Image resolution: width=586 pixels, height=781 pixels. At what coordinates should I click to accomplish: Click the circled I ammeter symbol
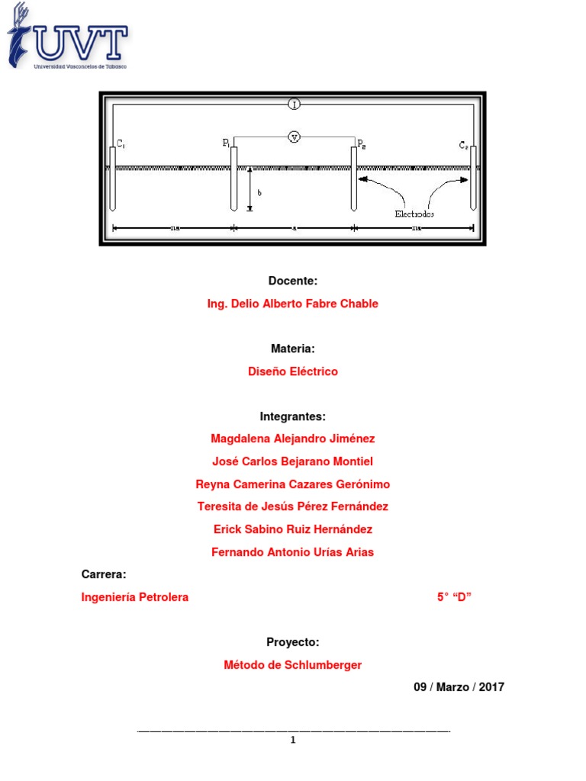tap(294, 104)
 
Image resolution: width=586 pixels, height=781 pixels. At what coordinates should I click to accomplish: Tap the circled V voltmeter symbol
tap(294, 137)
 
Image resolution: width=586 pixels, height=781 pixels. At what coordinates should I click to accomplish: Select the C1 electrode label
tap(121, 143)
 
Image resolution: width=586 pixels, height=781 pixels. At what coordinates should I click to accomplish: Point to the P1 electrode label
tap(227, 143)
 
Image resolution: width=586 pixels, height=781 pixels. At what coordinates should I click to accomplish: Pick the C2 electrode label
tap(465, 144)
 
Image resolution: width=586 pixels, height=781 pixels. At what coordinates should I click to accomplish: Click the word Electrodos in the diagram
tap(414, 214)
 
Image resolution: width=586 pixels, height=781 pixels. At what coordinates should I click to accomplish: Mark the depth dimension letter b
tap(259, 193)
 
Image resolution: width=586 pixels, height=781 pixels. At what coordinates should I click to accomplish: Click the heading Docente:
tap(292, 281)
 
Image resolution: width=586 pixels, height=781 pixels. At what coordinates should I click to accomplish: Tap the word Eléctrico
tap(312, 371)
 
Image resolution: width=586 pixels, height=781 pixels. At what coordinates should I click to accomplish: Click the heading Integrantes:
tap(292, 416)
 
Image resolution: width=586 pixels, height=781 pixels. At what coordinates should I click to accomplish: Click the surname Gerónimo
tap(356, 484)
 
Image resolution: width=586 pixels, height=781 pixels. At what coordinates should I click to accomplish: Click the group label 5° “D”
tap(454, 597)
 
